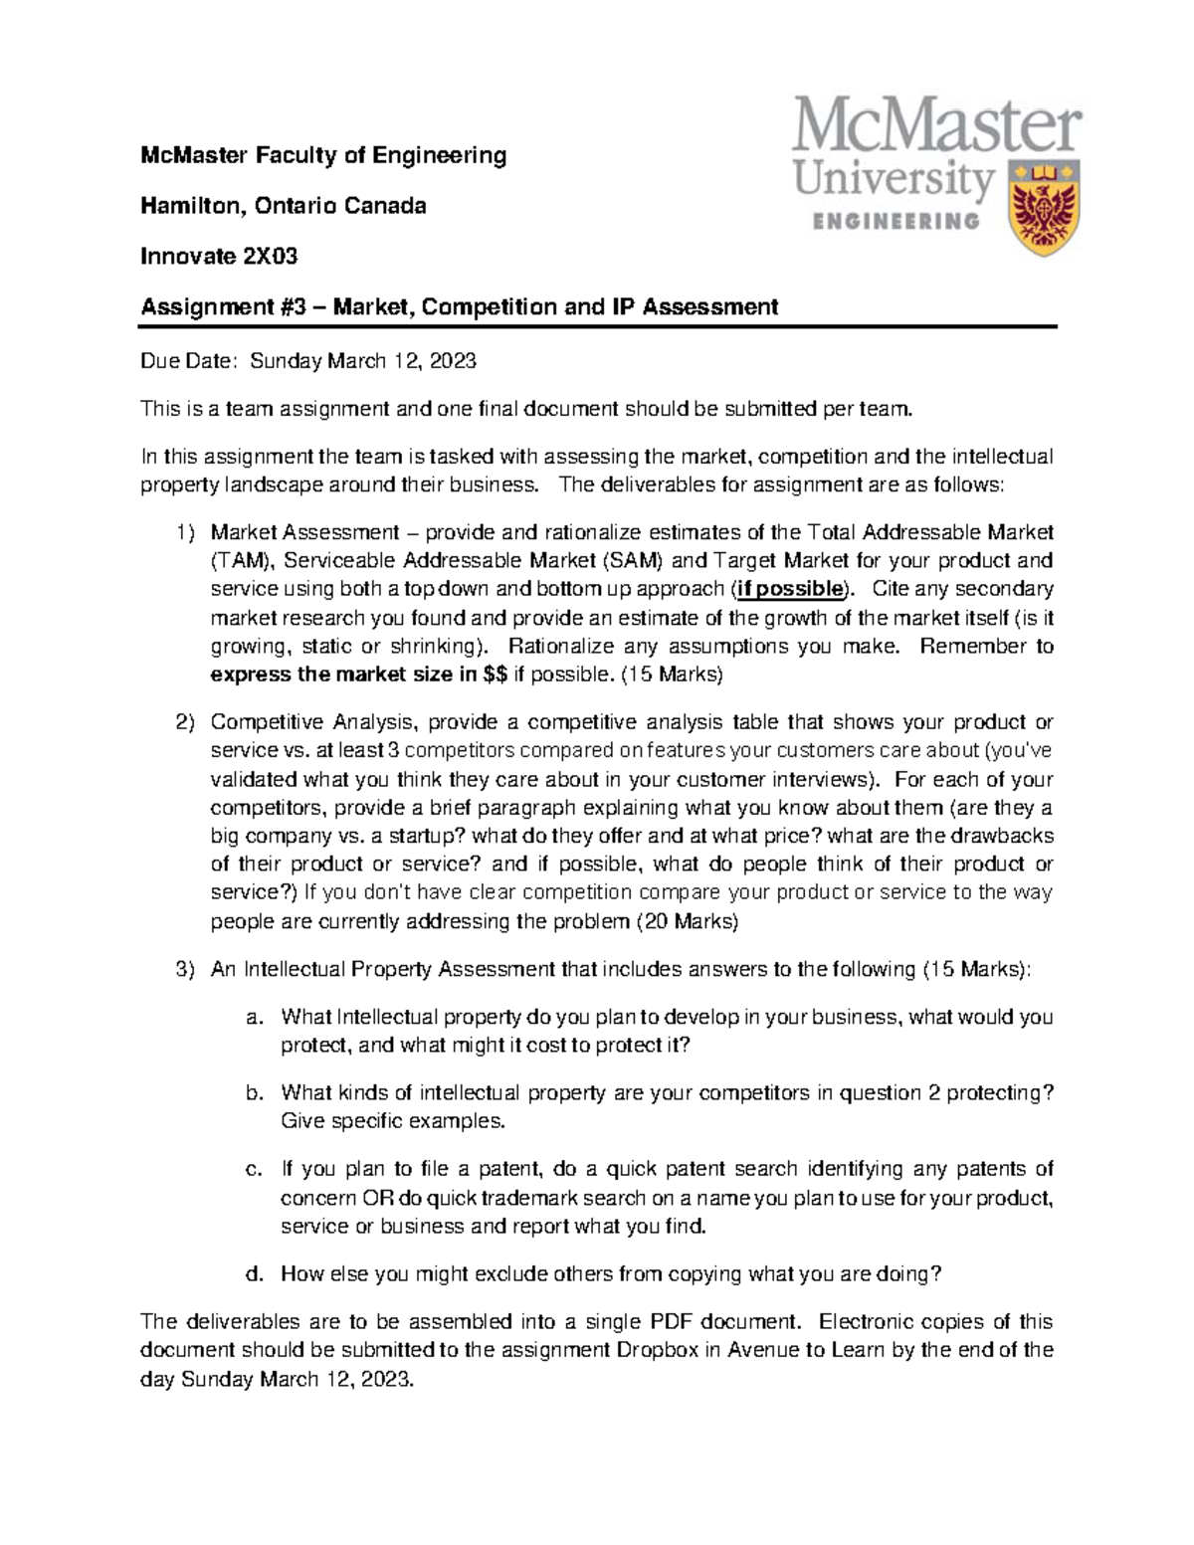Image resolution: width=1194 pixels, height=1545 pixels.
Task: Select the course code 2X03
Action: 271,257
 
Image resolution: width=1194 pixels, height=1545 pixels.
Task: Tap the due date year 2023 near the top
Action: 454,361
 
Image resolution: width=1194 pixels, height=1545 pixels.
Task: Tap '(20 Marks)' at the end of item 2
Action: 687,921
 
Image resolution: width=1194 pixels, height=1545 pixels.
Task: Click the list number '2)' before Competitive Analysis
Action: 184,722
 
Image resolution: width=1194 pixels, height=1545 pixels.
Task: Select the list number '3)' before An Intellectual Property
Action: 184,969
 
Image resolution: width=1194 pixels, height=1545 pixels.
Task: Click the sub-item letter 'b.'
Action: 255,1092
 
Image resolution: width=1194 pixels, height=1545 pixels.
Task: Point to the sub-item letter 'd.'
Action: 255,1273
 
